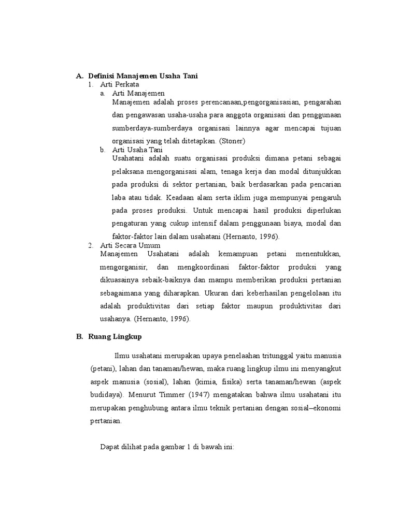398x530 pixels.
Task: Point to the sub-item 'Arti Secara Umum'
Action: click(x=130, y=245)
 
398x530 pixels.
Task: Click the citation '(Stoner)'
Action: click(x=232, y=141)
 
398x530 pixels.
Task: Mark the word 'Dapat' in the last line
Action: click(x=110, y=446)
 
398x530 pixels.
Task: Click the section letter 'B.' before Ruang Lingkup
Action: click(x=79, y=336)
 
